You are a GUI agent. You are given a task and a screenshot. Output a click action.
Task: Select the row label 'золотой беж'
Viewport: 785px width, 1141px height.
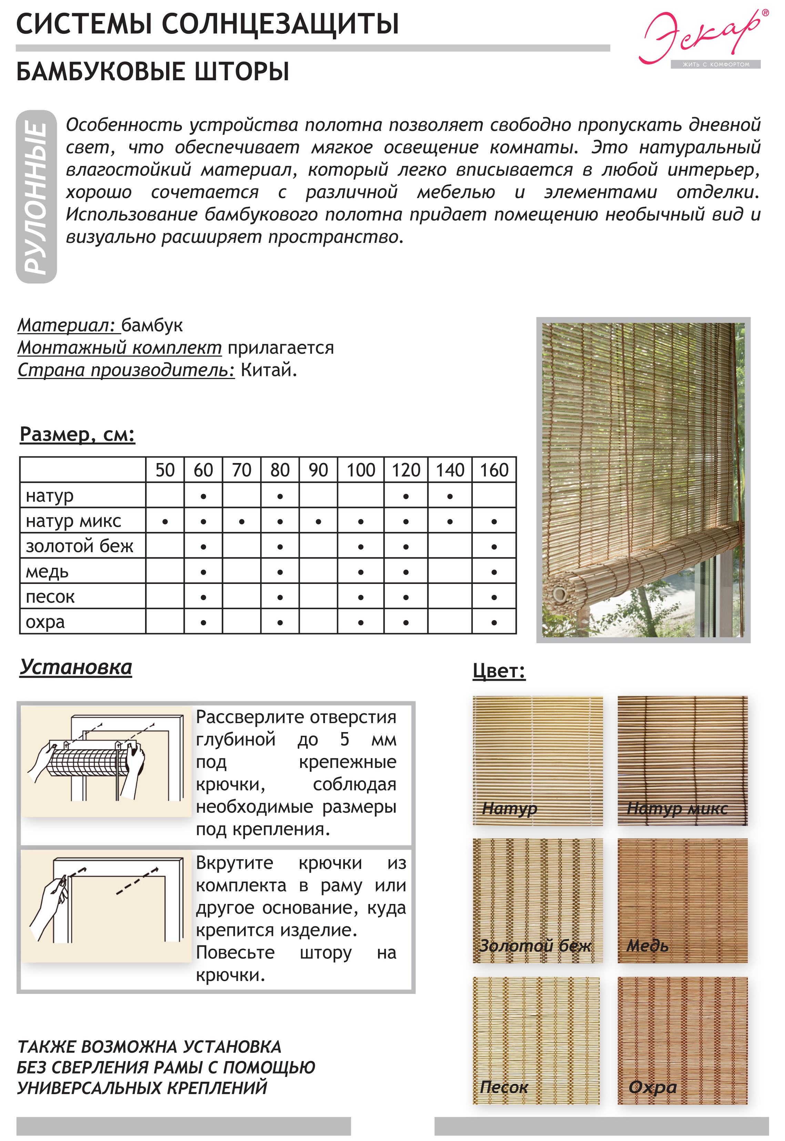(79, 546)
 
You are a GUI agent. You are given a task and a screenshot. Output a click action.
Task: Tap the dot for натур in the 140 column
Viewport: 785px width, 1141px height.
(450, 496)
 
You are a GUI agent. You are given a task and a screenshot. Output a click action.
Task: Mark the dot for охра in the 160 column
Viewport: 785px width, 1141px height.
(494, 623)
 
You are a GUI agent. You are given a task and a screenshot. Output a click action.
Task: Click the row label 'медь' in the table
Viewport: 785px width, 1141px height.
(47, 572)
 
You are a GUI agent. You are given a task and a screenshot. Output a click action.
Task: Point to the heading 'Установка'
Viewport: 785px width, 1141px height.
(76, 667)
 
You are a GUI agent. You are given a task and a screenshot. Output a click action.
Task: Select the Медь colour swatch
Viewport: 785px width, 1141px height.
(682, 900)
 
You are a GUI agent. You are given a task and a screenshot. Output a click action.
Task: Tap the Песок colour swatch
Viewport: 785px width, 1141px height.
(536, 1040)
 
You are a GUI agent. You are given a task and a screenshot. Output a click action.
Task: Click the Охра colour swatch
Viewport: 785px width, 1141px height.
(682, 1040)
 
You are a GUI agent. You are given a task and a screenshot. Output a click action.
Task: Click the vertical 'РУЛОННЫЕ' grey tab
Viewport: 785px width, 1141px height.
(37, 197)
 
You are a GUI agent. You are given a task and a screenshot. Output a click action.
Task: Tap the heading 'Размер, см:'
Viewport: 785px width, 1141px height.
(77, 434)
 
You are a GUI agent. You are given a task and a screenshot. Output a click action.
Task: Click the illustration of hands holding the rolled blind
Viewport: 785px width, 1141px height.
(106, 761)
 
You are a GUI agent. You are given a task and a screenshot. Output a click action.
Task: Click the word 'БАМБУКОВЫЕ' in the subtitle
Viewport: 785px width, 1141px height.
(101, 72)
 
